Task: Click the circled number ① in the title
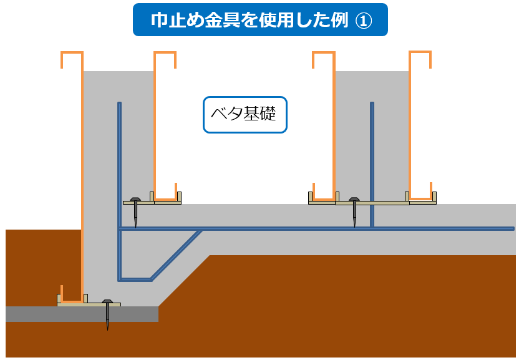(x=364, y=20)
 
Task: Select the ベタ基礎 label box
(x=245, y=115)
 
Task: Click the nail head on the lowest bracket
(x=107, y=301)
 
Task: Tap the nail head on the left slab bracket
(x=135, y=200)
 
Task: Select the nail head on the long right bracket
(x=354, y=200)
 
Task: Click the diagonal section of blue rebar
(x=176, y=255)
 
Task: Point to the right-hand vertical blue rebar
(x=372, y=162)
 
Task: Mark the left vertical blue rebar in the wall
(x=119, y=162)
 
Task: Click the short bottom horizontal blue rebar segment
(x=135, y=280)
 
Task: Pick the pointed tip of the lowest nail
(x=107, y=328)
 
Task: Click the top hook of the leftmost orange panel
(x=72, y=54)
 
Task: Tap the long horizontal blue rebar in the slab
(x=312, y=229)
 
